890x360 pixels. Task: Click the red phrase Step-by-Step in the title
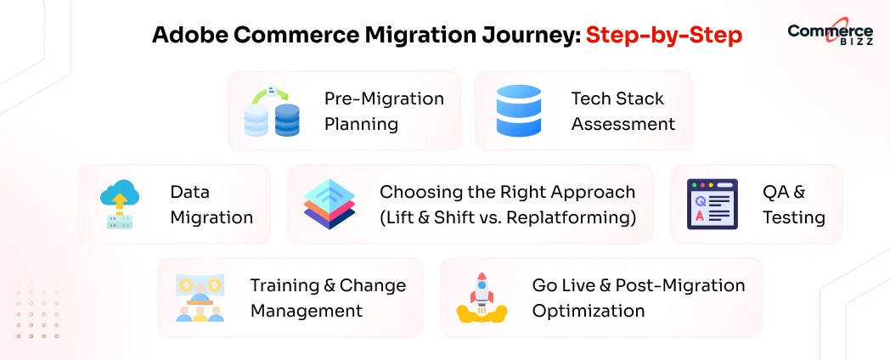click(664, 35)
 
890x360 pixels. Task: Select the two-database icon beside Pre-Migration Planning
click(272, 111)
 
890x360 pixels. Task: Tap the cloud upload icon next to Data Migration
click(119, 205)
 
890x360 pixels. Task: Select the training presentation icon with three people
click(200, 298)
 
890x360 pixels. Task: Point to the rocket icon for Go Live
click(482, 298)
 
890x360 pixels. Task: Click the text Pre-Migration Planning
click(384, 111)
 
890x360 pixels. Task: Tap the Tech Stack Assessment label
click(622, 111)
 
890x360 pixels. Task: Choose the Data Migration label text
click(211, 205)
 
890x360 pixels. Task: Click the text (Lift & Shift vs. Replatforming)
click(508, 217)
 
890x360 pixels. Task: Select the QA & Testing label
click(793, 205)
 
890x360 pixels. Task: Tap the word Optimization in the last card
click(589, 311)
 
